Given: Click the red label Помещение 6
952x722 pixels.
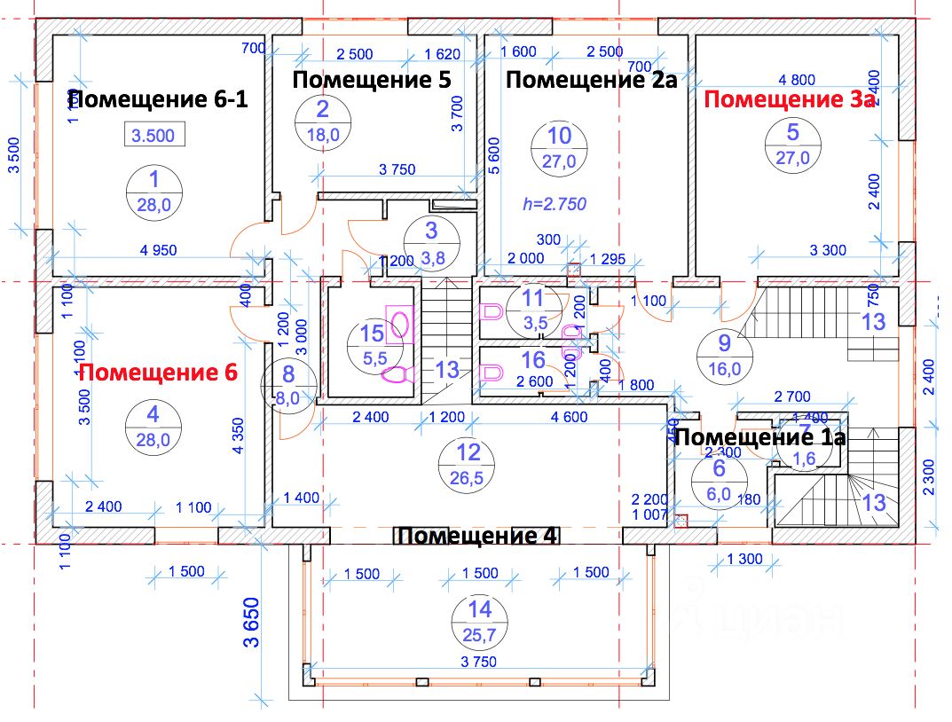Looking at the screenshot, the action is click(158, 373).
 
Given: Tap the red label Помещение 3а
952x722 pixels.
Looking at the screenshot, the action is click(790, 100).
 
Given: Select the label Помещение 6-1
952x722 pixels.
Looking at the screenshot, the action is click(158, 99).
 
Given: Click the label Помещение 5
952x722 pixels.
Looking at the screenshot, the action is click(372, 80).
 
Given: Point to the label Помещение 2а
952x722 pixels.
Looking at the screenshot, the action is click(592, 81).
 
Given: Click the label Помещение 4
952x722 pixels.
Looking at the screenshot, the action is click(478, 537).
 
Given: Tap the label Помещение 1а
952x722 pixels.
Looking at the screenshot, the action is click(760, 437).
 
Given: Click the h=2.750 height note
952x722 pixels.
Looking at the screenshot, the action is click(555, 203).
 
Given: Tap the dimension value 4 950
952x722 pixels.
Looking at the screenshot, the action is click(159, 249).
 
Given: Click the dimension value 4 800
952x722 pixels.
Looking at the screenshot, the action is click(796, 78).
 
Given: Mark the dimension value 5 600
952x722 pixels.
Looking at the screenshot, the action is click(494, 157).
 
